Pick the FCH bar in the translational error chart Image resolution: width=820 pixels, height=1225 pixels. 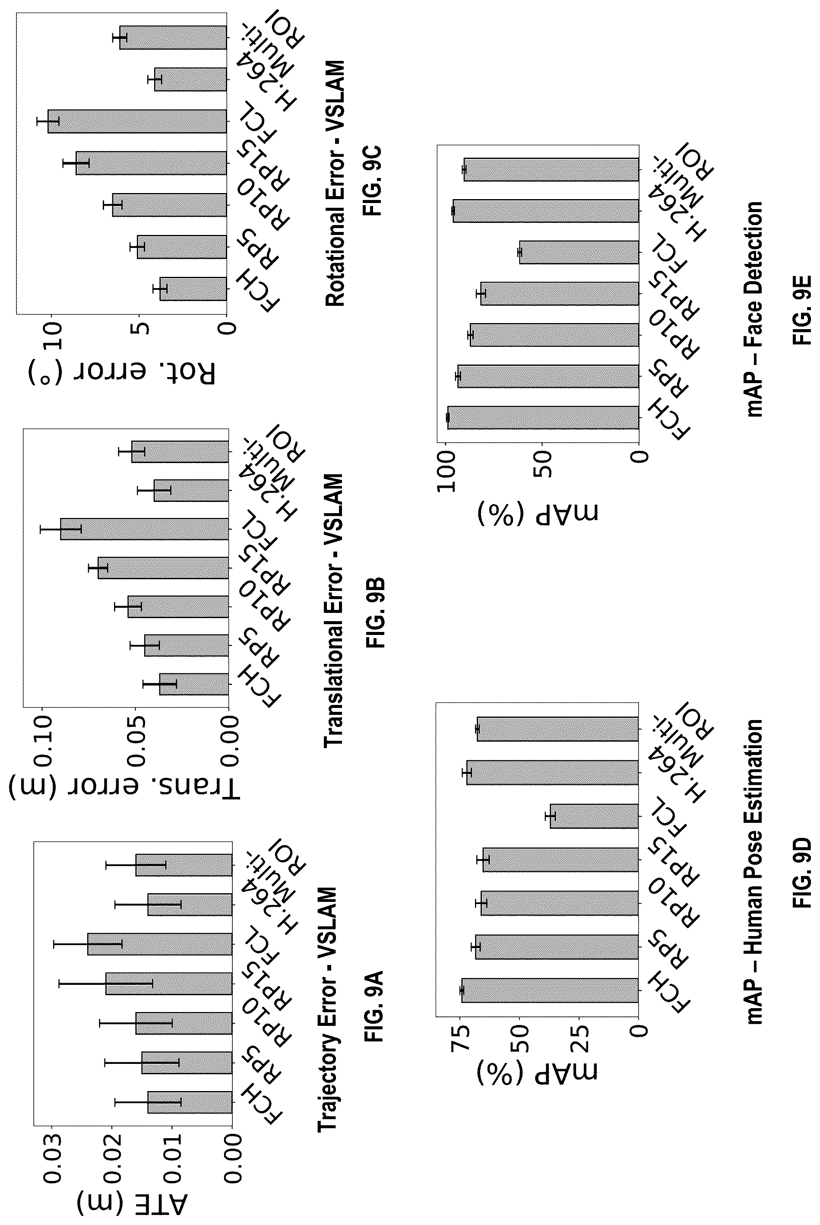point(194,684)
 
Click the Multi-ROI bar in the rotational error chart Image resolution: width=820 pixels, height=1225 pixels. point(173,38)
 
